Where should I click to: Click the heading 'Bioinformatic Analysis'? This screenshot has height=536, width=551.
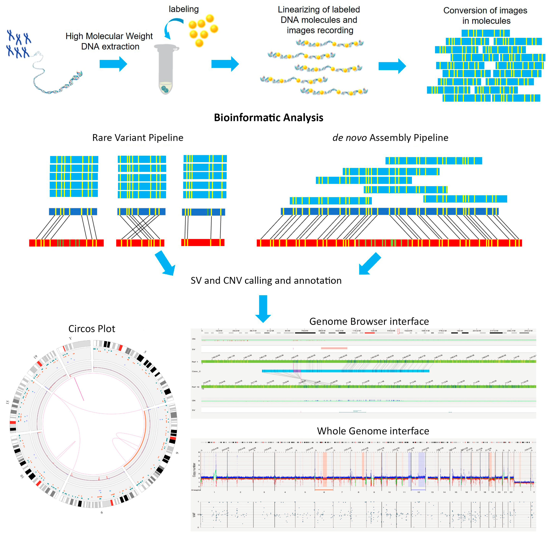[x=269, y=117]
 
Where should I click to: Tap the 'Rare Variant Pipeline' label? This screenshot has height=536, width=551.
[x=138, y=138]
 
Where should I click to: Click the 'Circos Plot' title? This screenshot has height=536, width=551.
[x=92, y=328]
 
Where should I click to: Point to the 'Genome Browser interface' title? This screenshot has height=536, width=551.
[x=369, y=321]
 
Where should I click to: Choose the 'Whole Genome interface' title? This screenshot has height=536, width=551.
[x=373, y=431]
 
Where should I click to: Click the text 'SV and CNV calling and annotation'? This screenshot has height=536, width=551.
[x=266, y=280]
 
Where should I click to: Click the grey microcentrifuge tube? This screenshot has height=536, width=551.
[x=166, y=69]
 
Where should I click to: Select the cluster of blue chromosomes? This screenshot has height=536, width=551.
[x=19, y=44]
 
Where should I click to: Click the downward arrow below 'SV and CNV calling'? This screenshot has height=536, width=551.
[x=263, y=308]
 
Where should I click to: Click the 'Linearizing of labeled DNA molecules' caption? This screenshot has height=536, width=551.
[x=319, y=20]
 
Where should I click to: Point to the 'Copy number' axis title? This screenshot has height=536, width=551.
[x=194, y=470]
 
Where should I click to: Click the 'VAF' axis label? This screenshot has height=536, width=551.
[x=194, y=514]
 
